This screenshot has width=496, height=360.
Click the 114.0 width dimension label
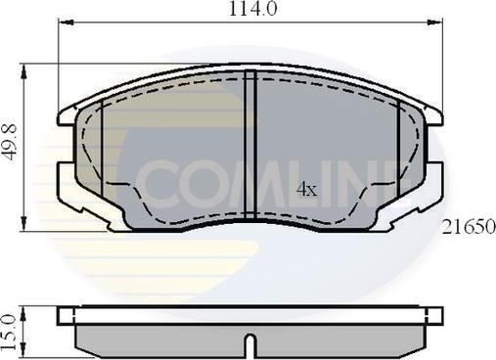pos(253,9)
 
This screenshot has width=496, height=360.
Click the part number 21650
pos(469,227)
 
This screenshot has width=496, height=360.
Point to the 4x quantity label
pos(306,189)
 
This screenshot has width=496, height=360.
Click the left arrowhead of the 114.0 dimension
pos(66,22)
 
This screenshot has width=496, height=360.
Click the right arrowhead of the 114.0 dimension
pos(435,22)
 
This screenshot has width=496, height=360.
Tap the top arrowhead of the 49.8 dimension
pos(23,71)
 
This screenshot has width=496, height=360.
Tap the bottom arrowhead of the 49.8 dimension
pos(23,224)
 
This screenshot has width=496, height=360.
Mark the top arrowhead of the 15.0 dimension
pos(23,314)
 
